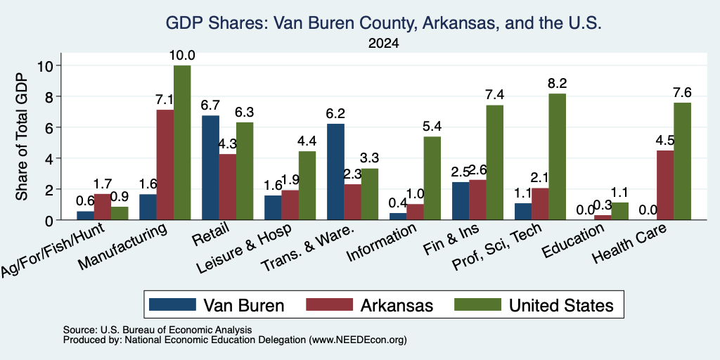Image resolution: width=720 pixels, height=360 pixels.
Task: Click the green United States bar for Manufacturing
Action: click(x=182, y=143)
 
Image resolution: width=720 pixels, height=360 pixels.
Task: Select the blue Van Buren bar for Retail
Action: click(x=210, y=167)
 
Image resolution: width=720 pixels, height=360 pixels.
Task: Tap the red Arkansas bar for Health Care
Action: click(x=665, y=185)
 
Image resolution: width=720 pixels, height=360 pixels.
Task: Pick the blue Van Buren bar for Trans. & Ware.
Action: click(x=335, y=172)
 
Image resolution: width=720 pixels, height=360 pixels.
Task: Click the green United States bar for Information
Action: click(x=432, y=178)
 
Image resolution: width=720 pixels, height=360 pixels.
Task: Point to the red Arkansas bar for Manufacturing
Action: click(x=165, y=165)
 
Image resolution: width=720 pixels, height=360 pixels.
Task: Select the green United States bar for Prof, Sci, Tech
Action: click(x=557, y=157)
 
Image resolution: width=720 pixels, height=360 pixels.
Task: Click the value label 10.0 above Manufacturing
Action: click(x=182, y=56)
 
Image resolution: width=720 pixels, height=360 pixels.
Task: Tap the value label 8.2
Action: click(x=557, y=83)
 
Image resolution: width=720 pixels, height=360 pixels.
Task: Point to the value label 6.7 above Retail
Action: click(x=210, y=105)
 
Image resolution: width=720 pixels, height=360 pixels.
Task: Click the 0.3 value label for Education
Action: click(x=603, y=205)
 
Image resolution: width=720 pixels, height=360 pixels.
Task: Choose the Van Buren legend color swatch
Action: click(x=173, y=304)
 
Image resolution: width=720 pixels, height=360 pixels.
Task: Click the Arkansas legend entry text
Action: click(x=397, y=305)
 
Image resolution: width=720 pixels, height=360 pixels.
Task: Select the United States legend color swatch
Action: click(x=477, y=304)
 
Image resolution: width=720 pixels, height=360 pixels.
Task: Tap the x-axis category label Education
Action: click(x=572, y=241)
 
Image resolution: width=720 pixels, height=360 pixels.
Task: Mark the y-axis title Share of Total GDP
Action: click(x=22, y=136)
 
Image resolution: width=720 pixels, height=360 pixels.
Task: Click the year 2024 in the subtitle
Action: click(x=383, y=44)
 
